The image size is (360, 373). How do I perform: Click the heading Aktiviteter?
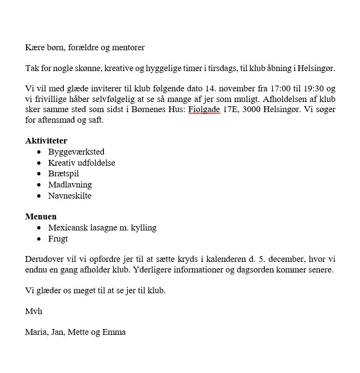46,141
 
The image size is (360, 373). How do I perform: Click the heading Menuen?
41,216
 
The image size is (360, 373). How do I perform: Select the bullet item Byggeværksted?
76,152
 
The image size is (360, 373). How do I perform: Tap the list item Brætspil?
63,173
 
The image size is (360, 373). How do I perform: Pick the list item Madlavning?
70,185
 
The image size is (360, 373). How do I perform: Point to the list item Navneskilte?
70,196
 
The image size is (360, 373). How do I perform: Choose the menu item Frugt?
58,239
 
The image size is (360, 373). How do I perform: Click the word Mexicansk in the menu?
67,228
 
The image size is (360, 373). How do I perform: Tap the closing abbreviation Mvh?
33,311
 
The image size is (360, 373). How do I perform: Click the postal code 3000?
250,110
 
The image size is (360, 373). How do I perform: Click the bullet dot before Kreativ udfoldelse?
39,163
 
